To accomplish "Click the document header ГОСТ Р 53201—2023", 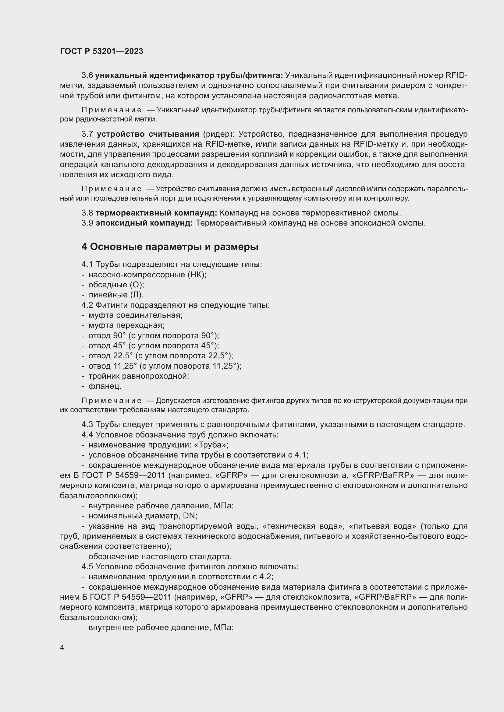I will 101,51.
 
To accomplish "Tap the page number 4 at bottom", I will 62,648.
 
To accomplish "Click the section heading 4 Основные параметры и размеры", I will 170,247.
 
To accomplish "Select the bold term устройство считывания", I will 148,134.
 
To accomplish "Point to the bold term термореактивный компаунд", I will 156,213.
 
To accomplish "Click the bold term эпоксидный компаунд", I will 144,223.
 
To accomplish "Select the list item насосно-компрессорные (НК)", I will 147,275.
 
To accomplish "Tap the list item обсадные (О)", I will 116,285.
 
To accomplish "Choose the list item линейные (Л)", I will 116,295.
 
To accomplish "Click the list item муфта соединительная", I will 135,315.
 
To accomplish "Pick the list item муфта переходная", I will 126,325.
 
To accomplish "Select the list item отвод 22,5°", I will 161,356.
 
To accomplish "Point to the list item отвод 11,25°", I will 165,366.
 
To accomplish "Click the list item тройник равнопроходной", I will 139,376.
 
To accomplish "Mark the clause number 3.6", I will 87,75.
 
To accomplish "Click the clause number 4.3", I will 87,425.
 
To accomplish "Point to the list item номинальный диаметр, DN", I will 143,516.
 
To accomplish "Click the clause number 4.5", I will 87,566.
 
